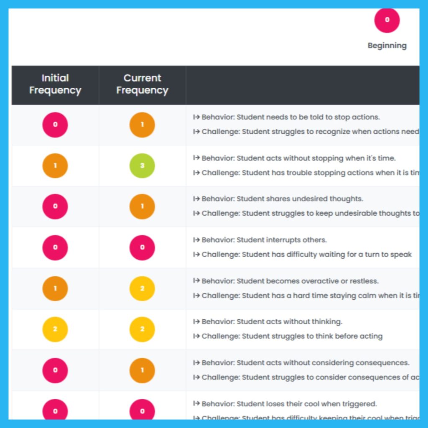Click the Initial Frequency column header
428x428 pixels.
[x=55, y=84]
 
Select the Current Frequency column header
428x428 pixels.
[x=142, y=84]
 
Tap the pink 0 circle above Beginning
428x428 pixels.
[x=387, y=20]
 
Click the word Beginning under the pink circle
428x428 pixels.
[x=387, y=46]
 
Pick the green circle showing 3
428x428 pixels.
[x=142, y=166]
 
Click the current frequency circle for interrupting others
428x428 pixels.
[x=142, y=247]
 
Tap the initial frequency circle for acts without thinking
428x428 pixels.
[x=55, y=329]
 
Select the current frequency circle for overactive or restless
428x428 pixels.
[x=142, y=288]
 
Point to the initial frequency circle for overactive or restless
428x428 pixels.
[x=55, y=288]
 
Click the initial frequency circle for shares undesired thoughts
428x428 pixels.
[x=55, y=206]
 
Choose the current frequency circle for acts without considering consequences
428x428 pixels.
[x=142, y=370]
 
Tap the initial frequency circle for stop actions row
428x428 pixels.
[x=55, y=125]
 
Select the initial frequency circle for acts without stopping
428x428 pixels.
[x=55, y=166]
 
